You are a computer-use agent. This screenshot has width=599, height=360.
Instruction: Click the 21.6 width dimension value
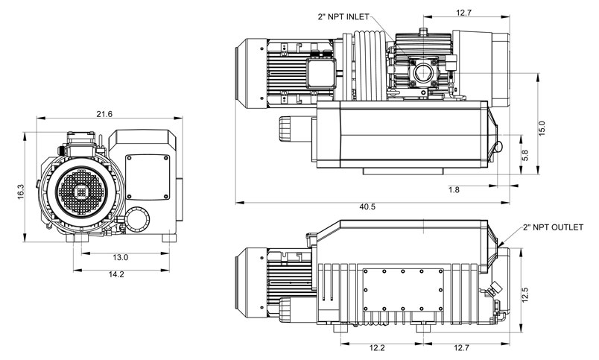105,113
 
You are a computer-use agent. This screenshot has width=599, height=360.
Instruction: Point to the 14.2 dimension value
115,274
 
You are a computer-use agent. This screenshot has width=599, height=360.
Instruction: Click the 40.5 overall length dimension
367,206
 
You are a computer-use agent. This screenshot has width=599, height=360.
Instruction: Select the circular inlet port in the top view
424,73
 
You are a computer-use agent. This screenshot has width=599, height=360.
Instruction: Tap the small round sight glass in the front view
136,219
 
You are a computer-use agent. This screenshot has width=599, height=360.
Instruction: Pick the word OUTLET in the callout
574,226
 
